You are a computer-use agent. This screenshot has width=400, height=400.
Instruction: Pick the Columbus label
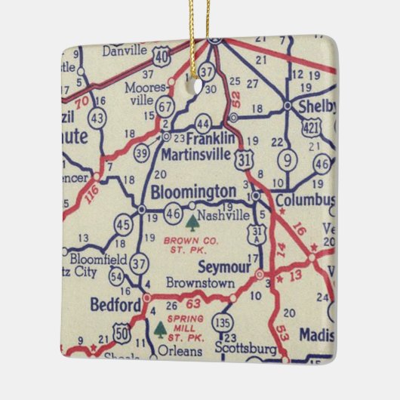[x=304, y=201]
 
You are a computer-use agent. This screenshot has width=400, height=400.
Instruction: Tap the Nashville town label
[x=225, y=215]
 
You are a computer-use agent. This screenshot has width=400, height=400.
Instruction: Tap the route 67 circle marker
[x=165, y=108]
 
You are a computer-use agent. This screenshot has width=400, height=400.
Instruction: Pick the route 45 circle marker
[x=123, y=225]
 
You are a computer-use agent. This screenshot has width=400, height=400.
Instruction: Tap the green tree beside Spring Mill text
[x=160, y=330]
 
